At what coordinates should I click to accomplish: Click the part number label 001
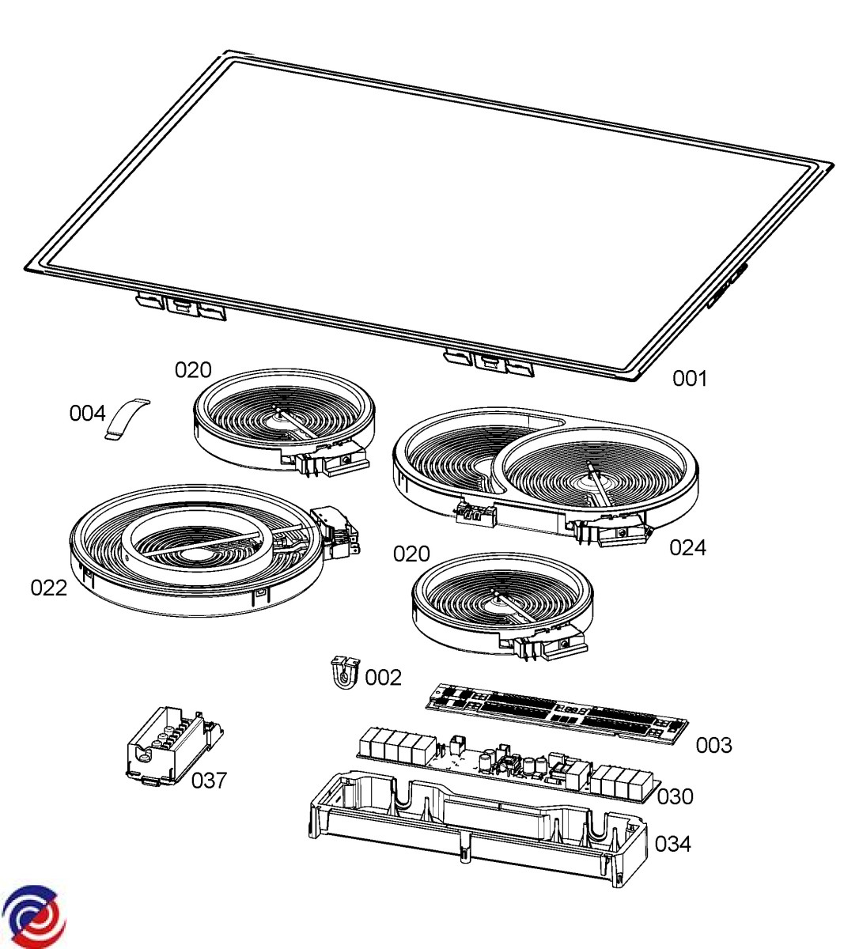coord(689,378)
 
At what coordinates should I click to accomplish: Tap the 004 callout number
coord(87,414)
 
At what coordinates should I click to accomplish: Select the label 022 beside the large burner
coord(49,588)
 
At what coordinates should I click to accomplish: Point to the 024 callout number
coord(687,547)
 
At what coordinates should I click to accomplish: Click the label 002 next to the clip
coord(383,678)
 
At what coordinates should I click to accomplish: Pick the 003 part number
coord(713,745)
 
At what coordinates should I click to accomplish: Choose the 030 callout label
coord(676,796)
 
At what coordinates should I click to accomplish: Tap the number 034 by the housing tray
coord(673,844)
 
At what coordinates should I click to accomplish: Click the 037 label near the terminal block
coord(209,781)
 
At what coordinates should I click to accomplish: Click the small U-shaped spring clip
coord(346,673)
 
